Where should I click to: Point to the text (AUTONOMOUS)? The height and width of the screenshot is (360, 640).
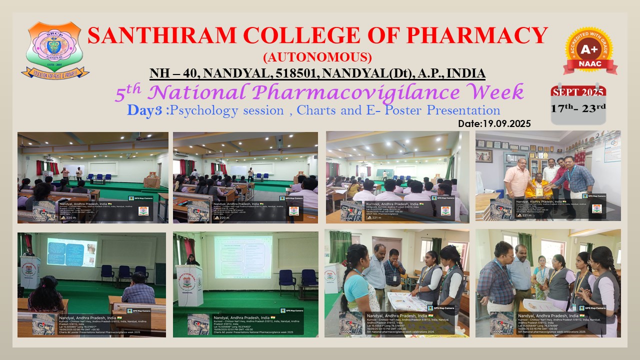click(317, 56)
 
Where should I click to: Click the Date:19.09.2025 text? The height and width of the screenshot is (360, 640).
click(494, 123)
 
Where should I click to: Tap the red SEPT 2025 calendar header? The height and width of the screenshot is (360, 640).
click(578, 92)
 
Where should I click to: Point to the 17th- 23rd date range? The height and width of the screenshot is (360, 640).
click(578, 108)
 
